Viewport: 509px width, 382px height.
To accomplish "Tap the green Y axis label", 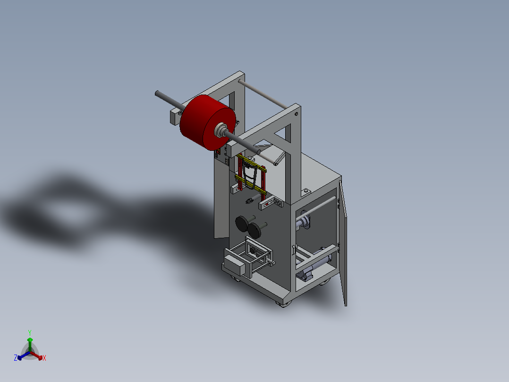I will click(30, 332).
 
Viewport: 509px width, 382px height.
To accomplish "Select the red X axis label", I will click(44, 358).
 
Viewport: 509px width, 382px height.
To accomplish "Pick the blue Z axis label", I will click(16, 358).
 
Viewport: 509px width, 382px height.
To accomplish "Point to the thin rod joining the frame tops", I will click(262, 93).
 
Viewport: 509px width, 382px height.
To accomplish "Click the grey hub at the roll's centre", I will click(221, 130).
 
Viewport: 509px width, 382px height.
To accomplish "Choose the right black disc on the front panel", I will click(256, 230).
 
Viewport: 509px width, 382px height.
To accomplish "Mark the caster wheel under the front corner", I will click(283, 303).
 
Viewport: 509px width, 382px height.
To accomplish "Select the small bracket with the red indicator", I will click(268, 204).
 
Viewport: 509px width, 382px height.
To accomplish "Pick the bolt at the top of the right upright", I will click(296, 113).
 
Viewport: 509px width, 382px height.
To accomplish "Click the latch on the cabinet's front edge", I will click(293, 249).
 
